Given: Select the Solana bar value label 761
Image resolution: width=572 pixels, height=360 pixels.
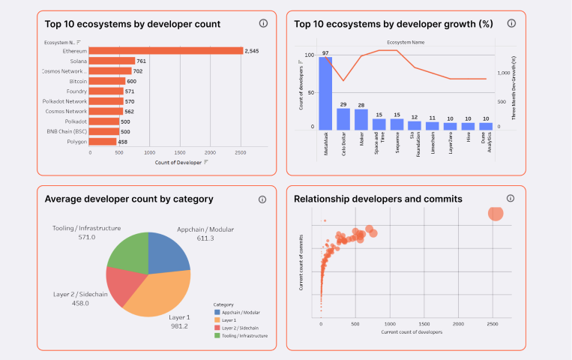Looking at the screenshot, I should coord(142,61).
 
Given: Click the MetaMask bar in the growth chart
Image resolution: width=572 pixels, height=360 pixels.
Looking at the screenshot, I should coord(325,94).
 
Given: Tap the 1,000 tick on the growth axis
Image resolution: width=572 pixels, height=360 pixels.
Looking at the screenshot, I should coord(503,73).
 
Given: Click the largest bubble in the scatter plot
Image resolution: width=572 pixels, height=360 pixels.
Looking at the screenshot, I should coord(496,214).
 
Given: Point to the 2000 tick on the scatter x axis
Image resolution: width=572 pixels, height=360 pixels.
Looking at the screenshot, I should coord(458,324).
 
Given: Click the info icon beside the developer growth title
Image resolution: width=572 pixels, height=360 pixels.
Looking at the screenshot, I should coord(511,23).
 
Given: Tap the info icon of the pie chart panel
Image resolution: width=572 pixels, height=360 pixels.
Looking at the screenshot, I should coord(262,199).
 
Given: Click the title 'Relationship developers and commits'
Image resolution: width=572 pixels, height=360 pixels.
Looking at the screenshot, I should coord(378,199).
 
